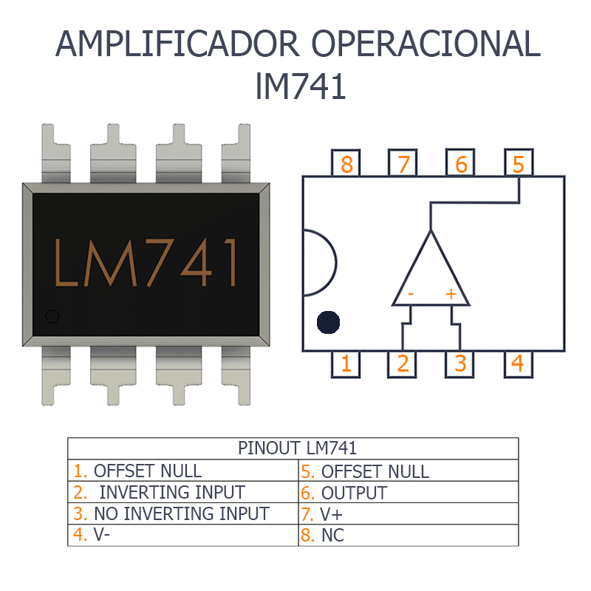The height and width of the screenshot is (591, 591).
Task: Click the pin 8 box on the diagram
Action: [x=346, y=163]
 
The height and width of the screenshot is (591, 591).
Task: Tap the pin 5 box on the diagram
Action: [x=518, y=163]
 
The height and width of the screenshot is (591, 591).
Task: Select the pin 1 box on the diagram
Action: [x=346, y=363]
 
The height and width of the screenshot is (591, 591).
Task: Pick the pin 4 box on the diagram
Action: [x=518, y=363]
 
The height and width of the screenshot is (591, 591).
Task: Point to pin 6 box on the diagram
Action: [x=461, y=163]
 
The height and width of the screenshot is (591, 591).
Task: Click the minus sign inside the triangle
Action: [x=411, y=294]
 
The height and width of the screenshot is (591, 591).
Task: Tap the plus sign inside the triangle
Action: [x=451, y=294]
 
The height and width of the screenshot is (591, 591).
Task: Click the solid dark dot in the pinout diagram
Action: [x=328, y=322]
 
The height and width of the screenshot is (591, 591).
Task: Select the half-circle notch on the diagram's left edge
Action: [x=319, y=263]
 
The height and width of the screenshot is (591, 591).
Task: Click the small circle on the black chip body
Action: [x=52, y=317]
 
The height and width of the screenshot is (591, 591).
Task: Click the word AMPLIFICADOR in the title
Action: [x=177, y=44]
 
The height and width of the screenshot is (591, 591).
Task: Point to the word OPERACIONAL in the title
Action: [x=426, y=44]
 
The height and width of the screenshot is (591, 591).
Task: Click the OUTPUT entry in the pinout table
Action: [x=353, y=493]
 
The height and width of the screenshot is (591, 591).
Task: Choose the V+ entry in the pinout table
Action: [x=332, y=514]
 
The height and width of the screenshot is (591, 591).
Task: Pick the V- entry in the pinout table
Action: [x=101, y=535]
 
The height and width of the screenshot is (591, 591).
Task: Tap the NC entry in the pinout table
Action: [x=332, y=536]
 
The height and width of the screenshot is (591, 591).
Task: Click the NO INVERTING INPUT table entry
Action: [x=181, y=513]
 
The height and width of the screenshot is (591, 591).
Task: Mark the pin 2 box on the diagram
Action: [x=403, y=363]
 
